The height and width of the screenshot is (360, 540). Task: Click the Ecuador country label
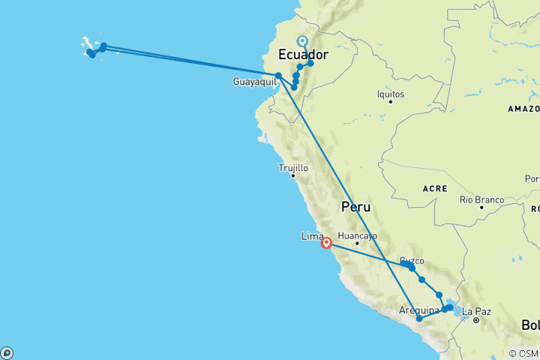304,55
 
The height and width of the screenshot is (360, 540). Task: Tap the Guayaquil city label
254,82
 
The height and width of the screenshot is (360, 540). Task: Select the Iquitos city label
391,94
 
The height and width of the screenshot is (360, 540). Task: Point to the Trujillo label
293,169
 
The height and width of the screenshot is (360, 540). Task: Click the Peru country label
356,206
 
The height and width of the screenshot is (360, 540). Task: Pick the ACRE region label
434,188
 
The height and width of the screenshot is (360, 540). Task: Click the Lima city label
311,236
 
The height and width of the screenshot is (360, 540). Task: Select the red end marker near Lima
327,243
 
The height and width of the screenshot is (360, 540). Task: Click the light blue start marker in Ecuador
302,42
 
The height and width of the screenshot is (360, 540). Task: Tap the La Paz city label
477,311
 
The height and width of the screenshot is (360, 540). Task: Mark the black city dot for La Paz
476,320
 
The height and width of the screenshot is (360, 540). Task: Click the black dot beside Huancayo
357,243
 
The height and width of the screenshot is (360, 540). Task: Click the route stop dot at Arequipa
419,319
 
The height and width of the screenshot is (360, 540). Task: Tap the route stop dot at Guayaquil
278,75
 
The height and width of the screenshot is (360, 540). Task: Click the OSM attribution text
524,353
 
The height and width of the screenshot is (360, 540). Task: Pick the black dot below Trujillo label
292,176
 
